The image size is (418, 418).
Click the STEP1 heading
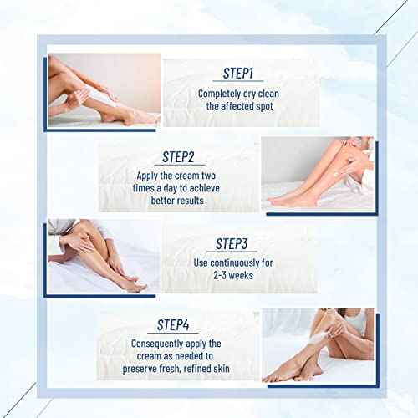tap(242, 74)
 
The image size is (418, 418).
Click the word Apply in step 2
tap(150, 176)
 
